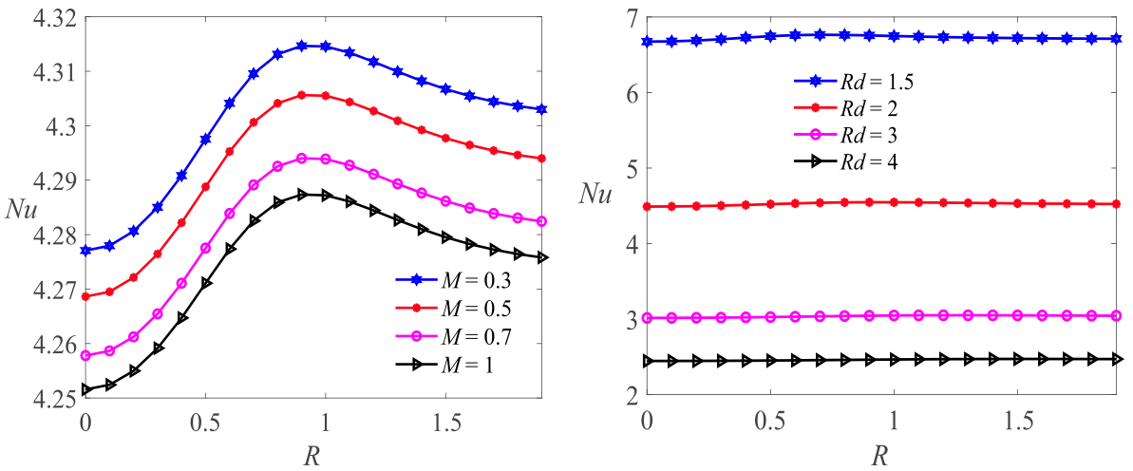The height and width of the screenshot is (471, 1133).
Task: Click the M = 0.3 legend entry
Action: click(x=465, y=281)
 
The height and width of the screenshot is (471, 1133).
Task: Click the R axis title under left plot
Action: click(x=311, y=454)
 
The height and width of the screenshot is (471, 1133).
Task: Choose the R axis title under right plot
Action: click(x=880, y=454)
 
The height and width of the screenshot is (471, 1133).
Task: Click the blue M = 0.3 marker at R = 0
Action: click(x=85, y=251)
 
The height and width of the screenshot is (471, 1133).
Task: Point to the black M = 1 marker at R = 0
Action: click(x=85, y=389)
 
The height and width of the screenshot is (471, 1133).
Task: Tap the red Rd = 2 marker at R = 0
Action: click(x=647, y=206)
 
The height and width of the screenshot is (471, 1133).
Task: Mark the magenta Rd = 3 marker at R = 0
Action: click(x=647, y=318)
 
